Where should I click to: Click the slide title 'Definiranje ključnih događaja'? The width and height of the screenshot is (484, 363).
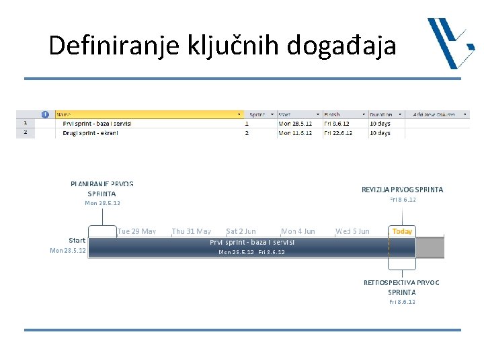(223, 46)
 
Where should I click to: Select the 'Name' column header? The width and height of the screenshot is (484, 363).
(67, 114)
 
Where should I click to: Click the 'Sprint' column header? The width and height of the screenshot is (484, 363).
(257, 114)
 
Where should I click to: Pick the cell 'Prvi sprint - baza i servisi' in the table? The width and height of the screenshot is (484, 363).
(97, 124)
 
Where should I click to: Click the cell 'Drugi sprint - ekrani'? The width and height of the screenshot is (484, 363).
(90, 133)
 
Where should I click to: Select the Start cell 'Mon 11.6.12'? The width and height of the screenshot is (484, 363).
(295, 133)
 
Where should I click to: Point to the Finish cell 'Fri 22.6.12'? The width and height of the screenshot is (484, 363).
(338, 133)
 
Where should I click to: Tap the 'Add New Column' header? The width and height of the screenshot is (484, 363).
(434, 114)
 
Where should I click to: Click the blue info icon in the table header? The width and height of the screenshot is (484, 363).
(46, 114)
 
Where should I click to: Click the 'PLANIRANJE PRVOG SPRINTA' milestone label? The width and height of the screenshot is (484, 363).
(102, 188)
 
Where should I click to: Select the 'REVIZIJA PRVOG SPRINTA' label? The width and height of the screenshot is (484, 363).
(402, 190)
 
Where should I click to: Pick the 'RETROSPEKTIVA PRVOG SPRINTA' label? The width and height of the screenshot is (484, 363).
(401, 287)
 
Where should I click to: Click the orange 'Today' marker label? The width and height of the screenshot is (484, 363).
(402, 231)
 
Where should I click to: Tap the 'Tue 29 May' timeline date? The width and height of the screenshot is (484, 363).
(136, 231)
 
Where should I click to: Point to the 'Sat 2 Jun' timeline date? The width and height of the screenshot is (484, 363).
(241, 231)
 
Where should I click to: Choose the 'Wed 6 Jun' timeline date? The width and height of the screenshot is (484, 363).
(352, 231)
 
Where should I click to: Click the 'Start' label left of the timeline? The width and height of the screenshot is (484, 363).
(77, 240)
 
